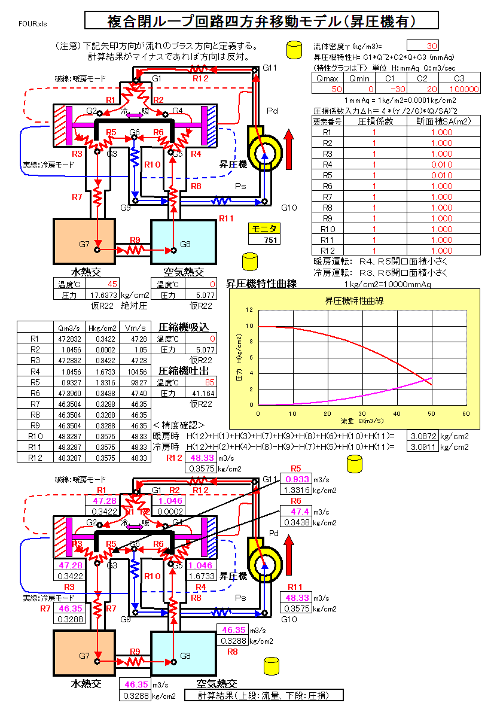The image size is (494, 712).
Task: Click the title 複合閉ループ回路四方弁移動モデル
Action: [x=262, y=21]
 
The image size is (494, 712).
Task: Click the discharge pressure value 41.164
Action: [x=202, y=393]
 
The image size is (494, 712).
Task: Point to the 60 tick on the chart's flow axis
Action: [x=466, y=413]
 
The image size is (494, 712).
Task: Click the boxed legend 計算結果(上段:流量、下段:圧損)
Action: [x=272, y=695]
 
